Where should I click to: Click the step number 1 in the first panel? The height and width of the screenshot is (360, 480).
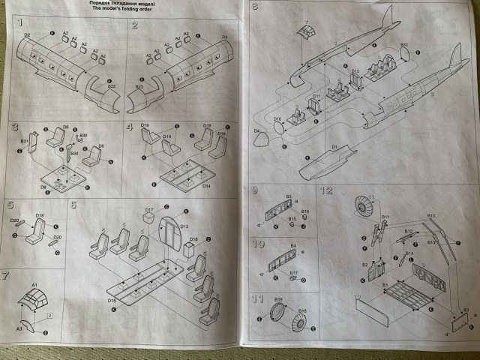coord(20,25)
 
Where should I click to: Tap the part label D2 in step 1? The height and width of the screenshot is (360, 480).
coord(27,35)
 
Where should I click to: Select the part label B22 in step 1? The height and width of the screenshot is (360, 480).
coord(111,86)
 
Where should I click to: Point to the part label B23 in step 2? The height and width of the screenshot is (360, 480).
coord(139,87)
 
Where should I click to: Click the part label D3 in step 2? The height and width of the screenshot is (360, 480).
coord(224,35)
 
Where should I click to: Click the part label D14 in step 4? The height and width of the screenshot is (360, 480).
coord(205,185)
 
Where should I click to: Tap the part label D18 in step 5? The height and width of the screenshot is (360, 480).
coord(40,215)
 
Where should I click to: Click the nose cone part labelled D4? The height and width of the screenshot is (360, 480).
coord(262,138)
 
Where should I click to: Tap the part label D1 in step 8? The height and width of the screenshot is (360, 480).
coord(334,148)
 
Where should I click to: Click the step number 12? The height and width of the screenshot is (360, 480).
coord(325,190)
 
